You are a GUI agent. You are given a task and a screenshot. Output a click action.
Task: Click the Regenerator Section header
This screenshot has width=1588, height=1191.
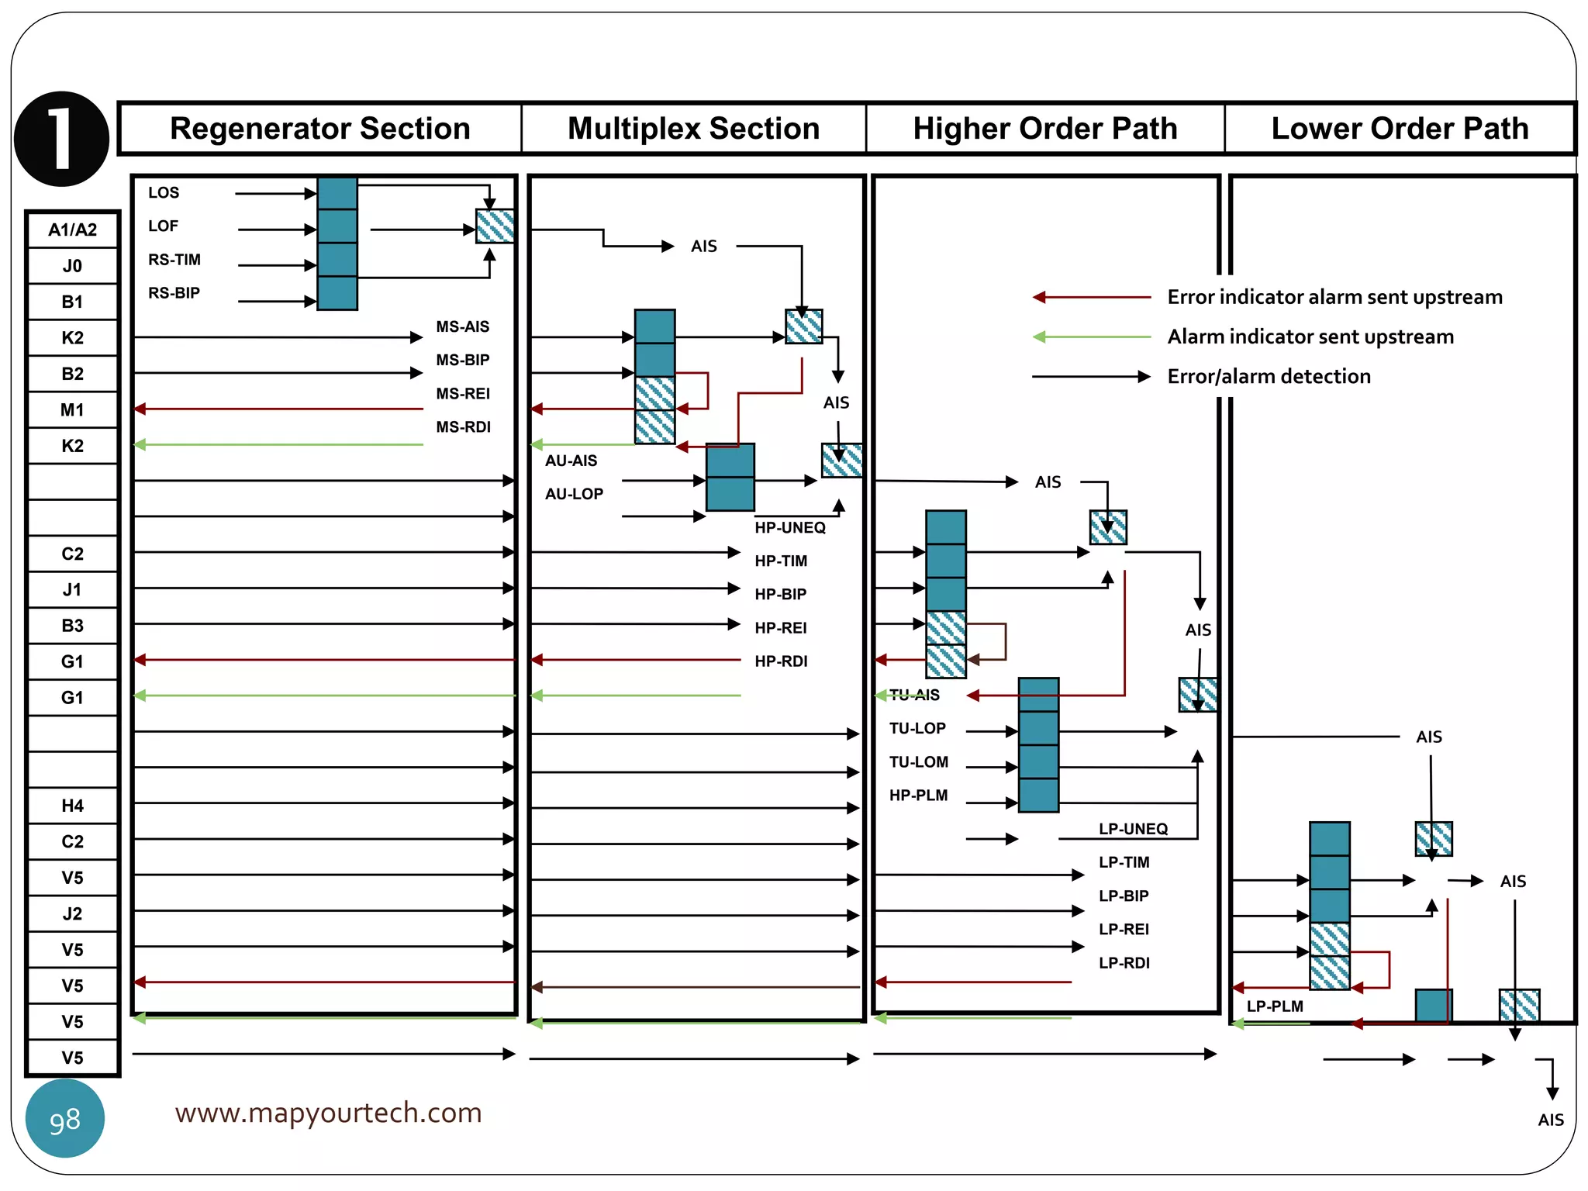pyautogui.click(x=319, y=129)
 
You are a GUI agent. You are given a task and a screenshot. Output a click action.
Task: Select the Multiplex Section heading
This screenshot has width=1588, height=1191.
pyautogui.click(x=693, y=129)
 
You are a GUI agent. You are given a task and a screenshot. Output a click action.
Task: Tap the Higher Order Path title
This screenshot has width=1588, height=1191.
pyautogui.click(x=1044, y=129)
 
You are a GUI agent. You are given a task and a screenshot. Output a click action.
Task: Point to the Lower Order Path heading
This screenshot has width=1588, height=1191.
pyautogui.click(x=1400, y=129)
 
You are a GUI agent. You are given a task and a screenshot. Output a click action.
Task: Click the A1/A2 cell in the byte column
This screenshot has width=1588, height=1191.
pyautogui.click(x=72, y=230)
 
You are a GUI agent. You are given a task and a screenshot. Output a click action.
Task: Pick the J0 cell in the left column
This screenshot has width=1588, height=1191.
pyautogui.click(x=72, y=266)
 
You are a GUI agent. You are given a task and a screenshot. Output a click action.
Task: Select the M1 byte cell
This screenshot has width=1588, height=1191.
pyautogui.click(x=72, y=409)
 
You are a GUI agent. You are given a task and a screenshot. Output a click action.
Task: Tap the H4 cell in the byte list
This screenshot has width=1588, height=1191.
pyautogui.click(x=72, y=806)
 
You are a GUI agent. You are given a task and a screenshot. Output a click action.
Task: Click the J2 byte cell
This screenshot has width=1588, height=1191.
pyautogui.click(x=72, y=913)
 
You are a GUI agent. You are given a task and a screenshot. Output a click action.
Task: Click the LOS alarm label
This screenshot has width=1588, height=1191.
pyautogui.click(x=164, y=193)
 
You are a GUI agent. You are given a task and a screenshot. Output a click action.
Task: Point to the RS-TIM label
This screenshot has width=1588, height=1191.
pyautogui.click(x=174, y=260)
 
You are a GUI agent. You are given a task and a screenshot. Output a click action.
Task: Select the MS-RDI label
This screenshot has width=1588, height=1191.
pyautogui.click(x=463, y=427)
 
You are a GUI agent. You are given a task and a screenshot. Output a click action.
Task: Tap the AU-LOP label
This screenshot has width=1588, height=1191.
pyautogui.click(x=574, y=494)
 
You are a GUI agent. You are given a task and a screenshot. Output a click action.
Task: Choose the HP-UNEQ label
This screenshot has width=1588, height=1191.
pyautogui.click(x=790, y=527)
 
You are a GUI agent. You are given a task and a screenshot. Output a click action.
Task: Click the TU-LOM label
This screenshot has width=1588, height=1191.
pyautogui.click(x=918, y=762)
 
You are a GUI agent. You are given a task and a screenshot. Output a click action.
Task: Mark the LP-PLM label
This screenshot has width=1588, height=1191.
pyautogui.click(x=1275, y=1006)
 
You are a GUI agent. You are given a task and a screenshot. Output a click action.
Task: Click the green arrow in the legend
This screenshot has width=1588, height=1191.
pyautogui.click(x=1091, y=337)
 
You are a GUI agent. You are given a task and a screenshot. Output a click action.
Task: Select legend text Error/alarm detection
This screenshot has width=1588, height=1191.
pyautogui.click(x=1269, y=377)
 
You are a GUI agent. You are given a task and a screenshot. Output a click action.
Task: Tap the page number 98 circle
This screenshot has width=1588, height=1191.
pyautogui.click(x=65, y=1119)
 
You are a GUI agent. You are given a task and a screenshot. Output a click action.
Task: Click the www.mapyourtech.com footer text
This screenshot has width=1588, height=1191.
pyautogui.click(x=328, y=1113)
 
